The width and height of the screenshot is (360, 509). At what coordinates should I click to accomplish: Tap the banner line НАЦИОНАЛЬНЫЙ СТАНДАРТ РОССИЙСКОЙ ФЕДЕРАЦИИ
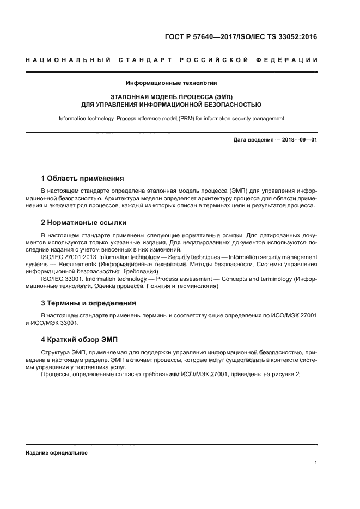[x=172, y=59]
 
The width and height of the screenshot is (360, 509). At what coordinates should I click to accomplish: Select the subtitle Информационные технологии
[x=172, y=83]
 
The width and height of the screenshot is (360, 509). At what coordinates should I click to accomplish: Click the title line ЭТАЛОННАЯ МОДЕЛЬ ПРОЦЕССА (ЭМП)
[x=172, y=96]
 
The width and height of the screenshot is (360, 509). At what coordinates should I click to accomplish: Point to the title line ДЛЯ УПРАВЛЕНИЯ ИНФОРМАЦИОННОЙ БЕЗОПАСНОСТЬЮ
[x=172, y=104]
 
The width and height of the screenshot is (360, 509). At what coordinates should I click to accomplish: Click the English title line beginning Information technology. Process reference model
[x=172, y=118]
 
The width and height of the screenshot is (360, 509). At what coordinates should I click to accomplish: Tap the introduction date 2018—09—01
[x=299, y=140]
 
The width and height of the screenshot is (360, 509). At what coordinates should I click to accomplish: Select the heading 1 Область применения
[x=83, y=178]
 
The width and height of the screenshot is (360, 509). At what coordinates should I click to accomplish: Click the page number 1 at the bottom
[x=315, y=463]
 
